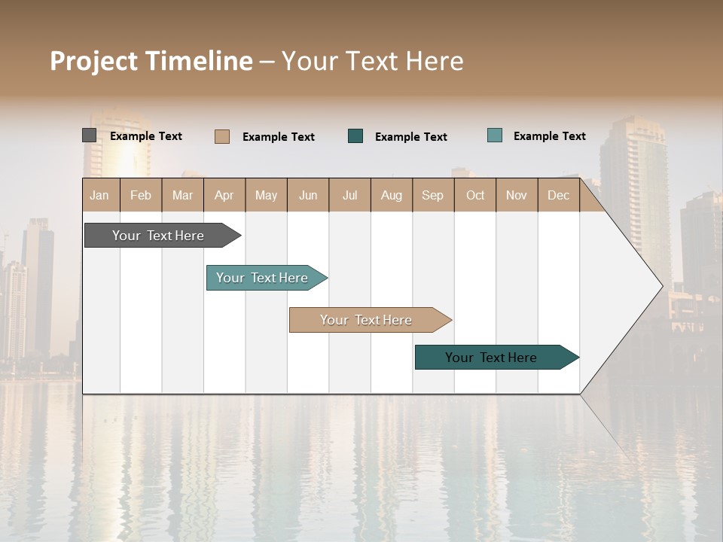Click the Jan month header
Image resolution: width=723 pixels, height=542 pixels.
(100, 195)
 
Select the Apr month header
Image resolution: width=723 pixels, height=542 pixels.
(224, 195)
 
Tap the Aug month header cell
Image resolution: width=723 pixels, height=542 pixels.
(392, 195)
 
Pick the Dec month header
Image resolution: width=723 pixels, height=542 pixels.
(559, 195)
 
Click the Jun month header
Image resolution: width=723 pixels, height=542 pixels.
(308, 195)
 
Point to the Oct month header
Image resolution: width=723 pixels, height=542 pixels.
(475, 195)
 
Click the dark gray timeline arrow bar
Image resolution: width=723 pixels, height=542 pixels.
(158, 236)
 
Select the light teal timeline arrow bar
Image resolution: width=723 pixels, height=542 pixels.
(262, 278)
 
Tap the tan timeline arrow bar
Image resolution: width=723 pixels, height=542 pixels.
(366, 320)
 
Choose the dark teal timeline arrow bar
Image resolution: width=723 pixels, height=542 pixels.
(491, 358)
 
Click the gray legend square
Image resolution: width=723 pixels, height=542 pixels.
(89, 135)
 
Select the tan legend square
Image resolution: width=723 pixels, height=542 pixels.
(221, 136)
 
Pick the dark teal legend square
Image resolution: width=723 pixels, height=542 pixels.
(355, 136)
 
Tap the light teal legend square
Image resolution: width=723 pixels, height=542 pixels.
(495, 135)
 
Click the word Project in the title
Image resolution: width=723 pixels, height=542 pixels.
(94, 61)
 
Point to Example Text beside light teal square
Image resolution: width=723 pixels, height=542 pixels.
(549, 136)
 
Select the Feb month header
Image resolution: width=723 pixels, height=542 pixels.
(141, 195)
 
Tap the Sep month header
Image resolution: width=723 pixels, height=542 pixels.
(433, 195)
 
